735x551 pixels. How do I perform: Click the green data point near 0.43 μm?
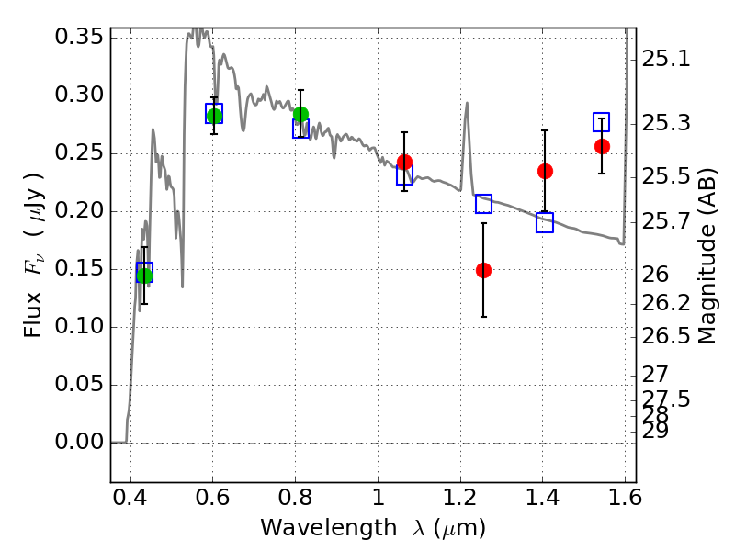click(x=144, y=275)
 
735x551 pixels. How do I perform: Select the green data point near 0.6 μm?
click(x=214, y=116)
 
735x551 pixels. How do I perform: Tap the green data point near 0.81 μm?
click(x=300, y=115)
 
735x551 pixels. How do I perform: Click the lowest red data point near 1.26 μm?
click(x=483, y=270)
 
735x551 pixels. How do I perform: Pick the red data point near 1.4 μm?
click(x=545, y=171)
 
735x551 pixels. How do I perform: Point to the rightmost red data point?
click(x=602, y=146)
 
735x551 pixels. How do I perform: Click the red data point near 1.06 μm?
click(x=404, y=163)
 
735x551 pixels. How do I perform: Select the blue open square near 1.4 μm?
click(x=545, y=222)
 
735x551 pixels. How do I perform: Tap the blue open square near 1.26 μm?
click(x=483, y=204)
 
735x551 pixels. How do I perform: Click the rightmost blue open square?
click(x=602, y=122)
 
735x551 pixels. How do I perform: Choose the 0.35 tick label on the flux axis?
click(x=81, y=38)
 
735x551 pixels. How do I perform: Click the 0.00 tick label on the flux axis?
click(x=81, y=443)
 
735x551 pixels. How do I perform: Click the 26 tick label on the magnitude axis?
click(x=655, y=275)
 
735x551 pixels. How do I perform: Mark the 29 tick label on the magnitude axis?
click(x=655, y=431)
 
